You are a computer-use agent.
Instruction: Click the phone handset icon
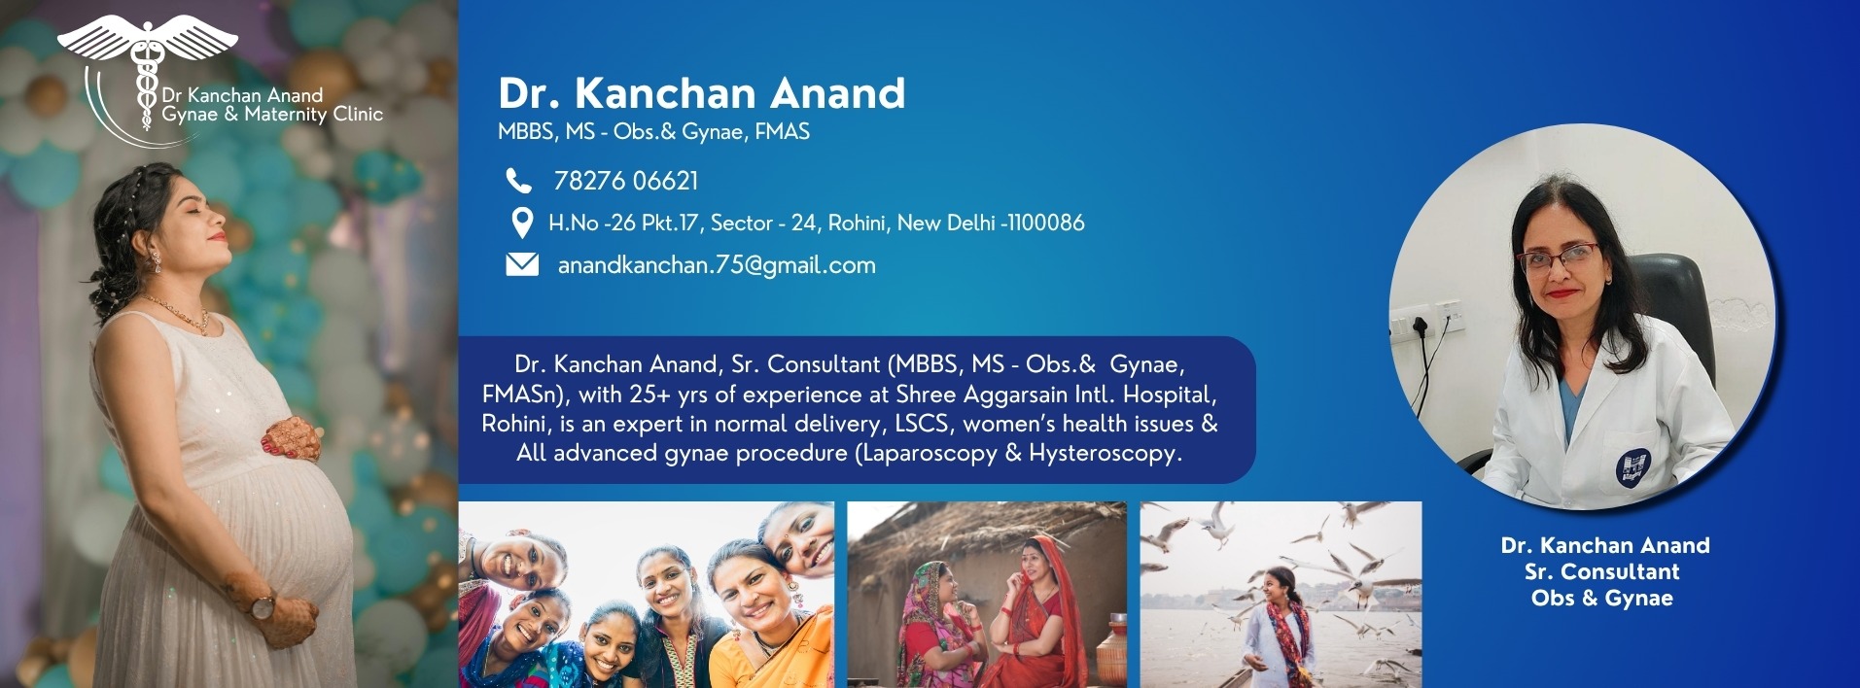[x=518, y=181]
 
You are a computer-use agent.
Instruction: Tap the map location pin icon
[x=522, y=223]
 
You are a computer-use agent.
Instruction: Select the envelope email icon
[x=522, y=264]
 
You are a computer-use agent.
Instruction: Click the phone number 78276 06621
[x=626, y=181]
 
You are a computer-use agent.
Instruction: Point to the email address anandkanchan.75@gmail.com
[x=717, y=265]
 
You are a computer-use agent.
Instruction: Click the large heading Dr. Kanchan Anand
[x=702, y=93]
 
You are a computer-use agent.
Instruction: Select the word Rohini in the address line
[x=856, y=224]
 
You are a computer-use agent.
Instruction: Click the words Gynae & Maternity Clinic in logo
[x=272, y=115]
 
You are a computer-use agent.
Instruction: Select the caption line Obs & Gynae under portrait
[x=1602, y=599]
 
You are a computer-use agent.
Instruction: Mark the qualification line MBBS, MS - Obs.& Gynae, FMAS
[x=653, y=132]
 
